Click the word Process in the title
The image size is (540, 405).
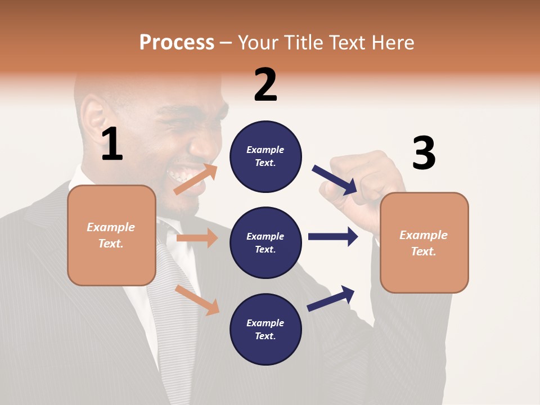177,43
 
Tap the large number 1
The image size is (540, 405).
112,145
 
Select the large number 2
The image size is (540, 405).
265,85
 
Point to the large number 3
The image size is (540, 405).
424,154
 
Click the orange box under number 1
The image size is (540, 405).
111,235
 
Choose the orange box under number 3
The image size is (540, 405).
424,242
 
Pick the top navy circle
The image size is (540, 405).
265,156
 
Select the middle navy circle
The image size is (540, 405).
265,242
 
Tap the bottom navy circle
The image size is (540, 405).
265,329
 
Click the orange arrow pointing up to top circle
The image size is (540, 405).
196,179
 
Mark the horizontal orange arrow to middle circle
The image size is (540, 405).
197,238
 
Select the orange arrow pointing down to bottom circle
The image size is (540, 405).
197,300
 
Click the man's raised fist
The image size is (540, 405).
360,180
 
